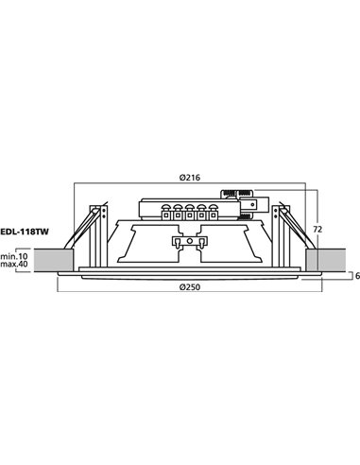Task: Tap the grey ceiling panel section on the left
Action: pos(53,259)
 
